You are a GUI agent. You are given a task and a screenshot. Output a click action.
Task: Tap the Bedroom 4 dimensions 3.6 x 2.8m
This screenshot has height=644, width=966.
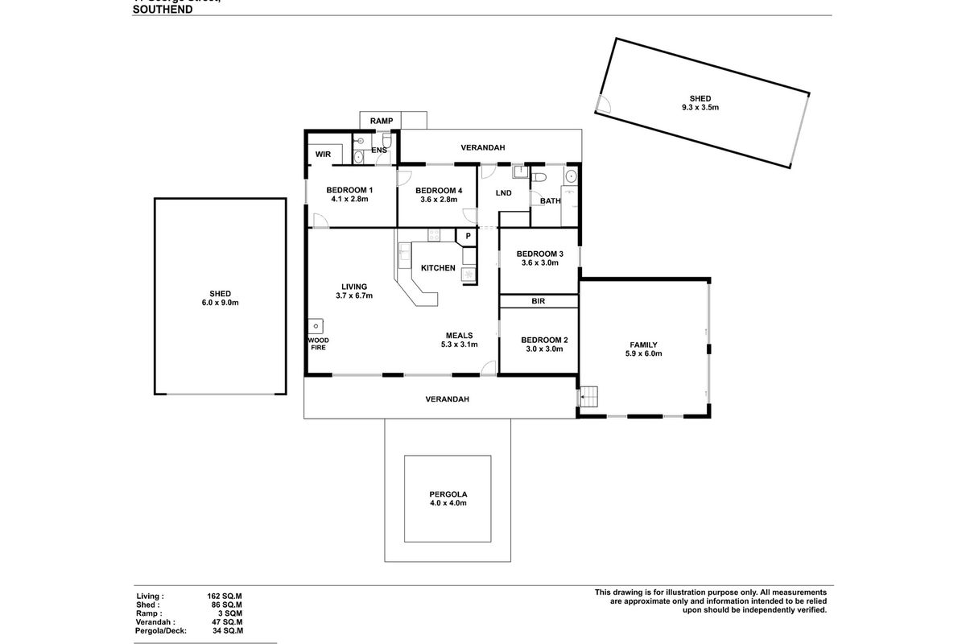tap(439, 200)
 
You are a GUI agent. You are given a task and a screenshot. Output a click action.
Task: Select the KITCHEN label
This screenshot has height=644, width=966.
tap(439, 268)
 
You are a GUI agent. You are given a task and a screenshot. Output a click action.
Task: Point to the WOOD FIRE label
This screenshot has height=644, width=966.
tap(318, 344)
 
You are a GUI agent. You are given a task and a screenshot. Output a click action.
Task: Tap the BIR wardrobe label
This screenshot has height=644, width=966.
tap(539, 302)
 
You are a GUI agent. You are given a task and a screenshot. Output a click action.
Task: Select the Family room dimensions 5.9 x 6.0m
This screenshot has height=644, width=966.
tap(642, 353)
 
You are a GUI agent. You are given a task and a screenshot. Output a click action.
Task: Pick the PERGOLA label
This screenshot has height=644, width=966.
tap(448, 493)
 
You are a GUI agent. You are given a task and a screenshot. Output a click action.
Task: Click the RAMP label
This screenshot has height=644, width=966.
tap(381, 121)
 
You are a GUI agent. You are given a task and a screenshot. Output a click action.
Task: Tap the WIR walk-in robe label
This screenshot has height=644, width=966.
tap(324, 153)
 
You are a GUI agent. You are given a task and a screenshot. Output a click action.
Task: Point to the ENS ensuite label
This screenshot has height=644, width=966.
tap(379, 150)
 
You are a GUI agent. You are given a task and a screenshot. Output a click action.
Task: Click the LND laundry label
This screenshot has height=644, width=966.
tap(504, 193)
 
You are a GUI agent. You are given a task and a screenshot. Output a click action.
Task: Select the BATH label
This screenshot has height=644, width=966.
tap(551, 200)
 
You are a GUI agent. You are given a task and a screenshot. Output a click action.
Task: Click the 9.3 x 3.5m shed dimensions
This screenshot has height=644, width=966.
tap(699, 107)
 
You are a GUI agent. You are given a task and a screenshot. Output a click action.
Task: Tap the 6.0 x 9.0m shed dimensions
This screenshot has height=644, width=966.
tap(220, 303)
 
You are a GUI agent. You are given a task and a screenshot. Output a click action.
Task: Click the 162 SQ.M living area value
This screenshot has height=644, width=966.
tap(225, 597)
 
